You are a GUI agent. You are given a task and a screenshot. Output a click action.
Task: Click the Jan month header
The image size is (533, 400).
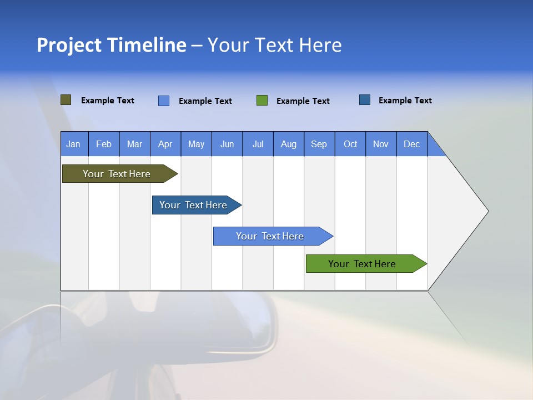73,144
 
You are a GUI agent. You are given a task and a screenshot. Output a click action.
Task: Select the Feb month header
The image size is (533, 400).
104,144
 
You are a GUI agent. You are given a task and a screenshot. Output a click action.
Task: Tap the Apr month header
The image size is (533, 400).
165,144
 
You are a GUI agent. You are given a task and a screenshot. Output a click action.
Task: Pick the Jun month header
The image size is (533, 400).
227,144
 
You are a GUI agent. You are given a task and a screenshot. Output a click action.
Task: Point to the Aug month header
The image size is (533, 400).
288,144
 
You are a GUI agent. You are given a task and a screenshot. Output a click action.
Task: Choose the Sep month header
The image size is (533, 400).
319,144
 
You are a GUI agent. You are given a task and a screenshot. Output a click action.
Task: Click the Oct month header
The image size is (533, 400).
350,144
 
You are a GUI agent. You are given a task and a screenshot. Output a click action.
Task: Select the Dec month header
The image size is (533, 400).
411,144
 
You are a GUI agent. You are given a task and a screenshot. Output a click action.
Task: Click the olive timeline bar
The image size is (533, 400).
117,174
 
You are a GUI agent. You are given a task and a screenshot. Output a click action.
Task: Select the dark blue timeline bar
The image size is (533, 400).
193,205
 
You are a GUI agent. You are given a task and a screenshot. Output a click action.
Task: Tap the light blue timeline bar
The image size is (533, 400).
270,236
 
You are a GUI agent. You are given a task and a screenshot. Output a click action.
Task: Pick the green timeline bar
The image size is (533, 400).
362,264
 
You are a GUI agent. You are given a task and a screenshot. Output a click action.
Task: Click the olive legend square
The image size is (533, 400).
66,100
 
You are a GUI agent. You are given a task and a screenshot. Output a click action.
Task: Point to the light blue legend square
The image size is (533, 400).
164,101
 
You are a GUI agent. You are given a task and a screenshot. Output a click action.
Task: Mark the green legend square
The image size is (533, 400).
262,101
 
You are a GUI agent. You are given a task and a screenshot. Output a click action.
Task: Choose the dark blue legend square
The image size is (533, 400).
365,100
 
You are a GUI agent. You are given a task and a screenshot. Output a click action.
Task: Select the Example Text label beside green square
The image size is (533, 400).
303,101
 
